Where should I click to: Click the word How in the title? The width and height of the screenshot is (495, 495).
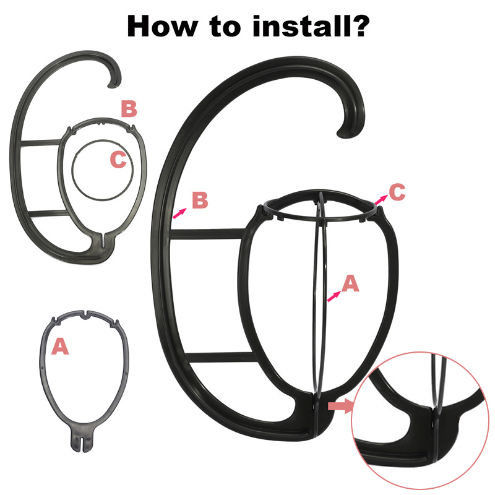(163, 26)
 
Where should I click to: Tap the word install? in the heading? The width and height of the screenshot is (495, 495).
(311, 26)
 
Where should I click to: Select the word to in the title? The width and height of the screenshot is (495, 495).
(225, 27)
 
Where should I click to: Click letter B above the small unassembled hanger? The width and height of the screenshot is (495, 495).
(129, 109)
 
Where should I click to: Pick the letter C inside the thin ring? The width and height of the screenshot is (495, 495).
(118, 159)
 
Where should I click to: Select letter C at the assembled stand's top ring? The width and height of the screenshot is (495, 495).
(397, 192)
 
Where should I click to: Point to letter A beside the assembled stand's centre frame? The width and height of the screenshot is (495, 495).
(350, 283)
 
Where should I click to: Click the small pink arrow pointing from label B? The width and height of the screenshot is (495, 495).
(179, 213)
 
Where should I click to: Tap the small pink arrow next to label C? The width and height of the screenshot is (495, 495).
(381, 199)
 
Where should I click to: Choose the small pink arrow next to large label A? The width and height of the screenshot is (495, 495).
(334, 296)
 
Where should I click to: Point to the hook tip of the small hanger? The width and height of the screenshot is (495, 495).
(111, 85)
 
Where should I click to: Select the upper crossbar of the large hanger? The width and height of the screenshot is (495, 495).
(208, 234)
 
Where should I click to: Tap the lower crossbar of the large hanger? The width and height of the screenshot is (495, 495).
(220, 357)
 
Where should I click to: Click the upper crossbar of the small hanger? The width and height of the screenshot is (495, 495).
(40, 143)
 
